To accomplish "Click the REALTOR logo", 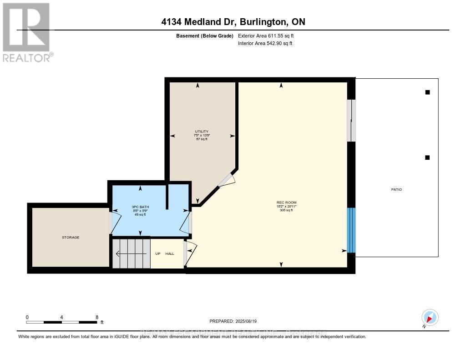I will pyautogui.click(x=27, y=32).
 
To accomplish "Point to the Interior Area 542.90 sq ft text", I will pyautogui.click(x=265, y=44).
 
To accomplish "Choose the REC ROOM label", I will pyautogui.click(x=283, y=203).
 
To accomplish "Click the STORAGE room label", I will pyautogui.click(x=71, y=238).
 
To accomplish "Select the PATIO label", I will pyautogui.click(x=396, y=189).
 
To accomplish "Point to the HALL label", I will pyautogui.click(x=170, y=254).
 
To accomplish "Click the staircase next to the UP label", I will pyautogui.click(x=132, y=253).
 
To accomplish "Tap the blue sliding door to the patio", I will pyautogui.click(x=351, y=230).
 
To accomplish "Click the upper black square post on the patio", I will pyautogui.click(x=427, y=92).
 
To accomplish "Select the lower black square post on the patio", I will pyautogui.click(x=427, y=157).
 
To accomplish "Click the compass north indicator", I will pyautogui.click(x=430, y=317).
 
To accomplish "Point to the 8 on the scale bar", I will pyautogui.click(x=97, y=317).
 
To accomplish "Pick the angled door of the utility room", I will pyautogui.click(x=226, y=180).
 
